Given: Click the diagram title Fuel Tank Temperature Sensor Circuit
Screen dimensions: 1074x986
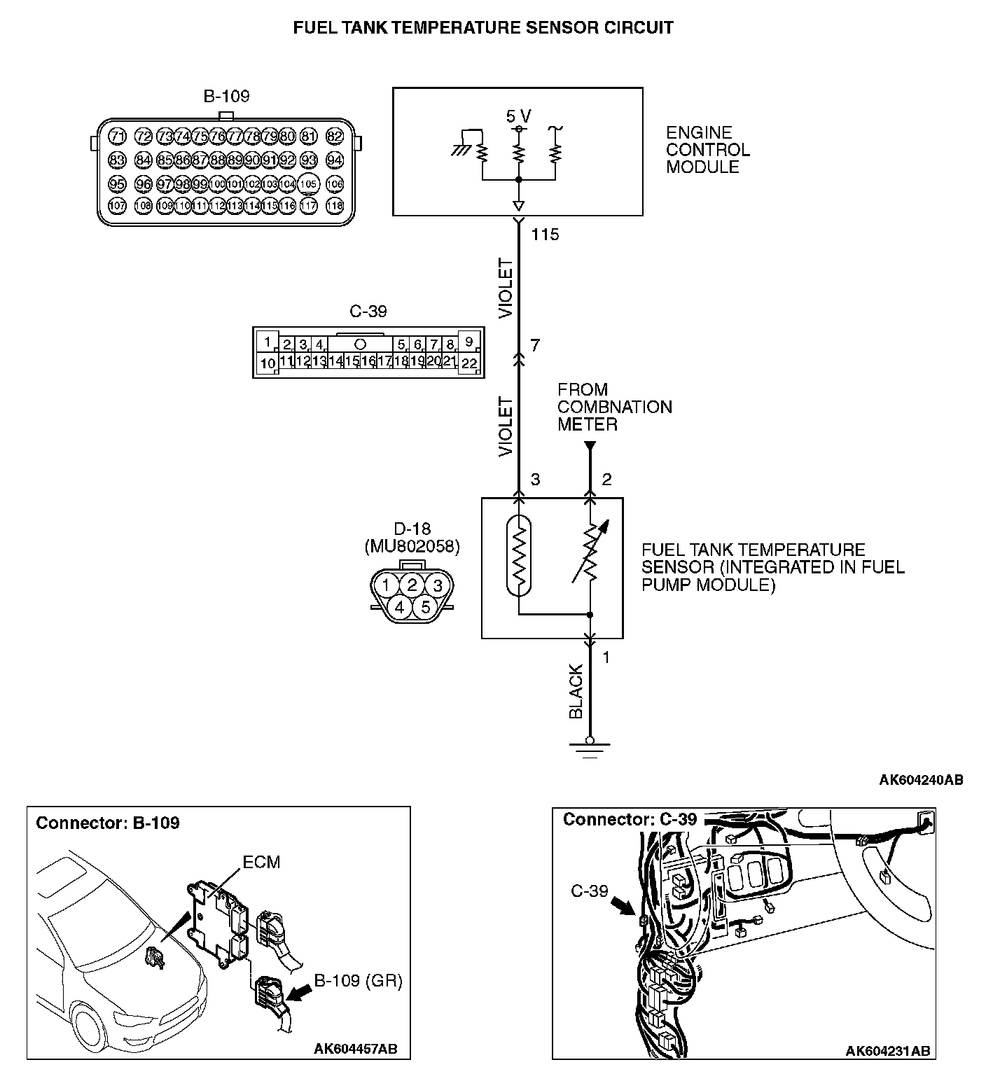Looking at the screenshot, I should pyautogui.click(x=483, y=28).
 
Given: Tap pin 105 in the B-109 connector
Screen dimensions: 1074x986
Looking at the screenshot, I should pyautogui.click(x=309, y=184).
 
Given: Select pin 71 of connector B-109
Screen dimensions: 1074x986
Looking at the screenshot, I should pyautogui.click(x=118, y=137).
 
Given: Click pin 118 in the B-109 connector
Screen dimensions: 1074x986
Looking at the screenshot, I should pyautogui.click(x=335, y=206).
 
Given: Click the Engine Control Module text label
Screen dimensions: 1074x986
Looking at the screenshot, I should pyautogui.click(x=707, y=150).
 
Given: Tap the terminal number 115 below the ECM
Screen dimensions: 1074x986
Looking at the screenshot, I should pyautogui.click(x=545, y=235).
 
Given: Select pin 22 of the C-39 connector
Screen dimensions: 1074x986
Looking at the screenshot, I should pyautogui.click(x=469, y=363).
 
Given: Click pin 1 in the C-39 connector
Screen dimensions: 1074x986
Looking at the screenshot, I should pyautogui.click(x=267, y=342).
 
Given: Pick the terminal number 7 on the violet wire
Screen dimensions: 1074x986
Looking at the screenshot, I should pyautogui.click(x=535, y=345).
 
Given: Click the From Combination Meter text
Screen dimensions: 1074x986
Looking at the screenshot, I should pyautogui.click(x=614, y=407).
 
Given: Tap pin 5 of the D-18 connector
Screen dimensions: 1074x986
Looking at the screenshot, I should pyautogui.click(x=425, y=607).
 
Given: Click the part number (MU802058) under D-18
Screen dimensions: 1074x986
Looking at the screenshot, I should pyautogui.click(x=412, y=547).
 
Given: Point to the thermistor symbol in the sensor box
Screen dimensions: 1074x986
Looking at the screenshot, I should pyautogui.click(x=519, y=556).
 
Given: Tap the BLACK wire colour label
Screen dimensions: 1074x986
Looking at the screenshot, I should pyautogui.click(x=576, y=692).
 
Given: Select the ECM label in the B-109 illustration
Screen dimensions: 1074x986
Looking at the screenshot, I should pyautogui.click(x=261, y=862).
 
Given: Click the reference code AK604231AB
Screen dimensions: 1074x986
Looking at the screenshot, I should pyautogui.click(x=887, y=1051).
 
